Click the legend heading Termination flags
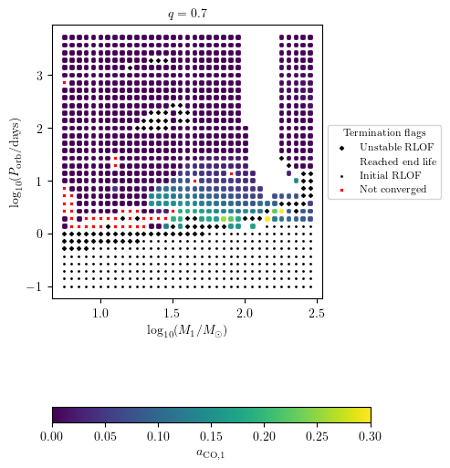384,132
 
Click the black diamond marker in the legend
341,147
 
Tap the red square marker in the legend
341,189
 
